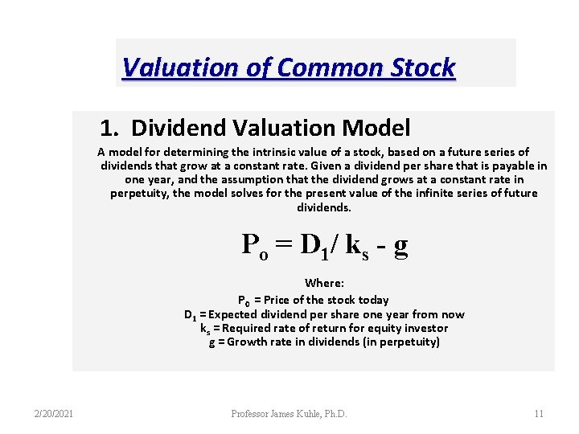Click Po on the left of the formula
256,245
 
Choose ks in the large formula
355,245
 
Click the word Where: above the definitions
324,283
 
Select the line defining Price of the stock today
313,300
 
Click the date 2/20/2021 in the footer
55,414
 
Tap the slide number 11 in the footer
539,414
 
